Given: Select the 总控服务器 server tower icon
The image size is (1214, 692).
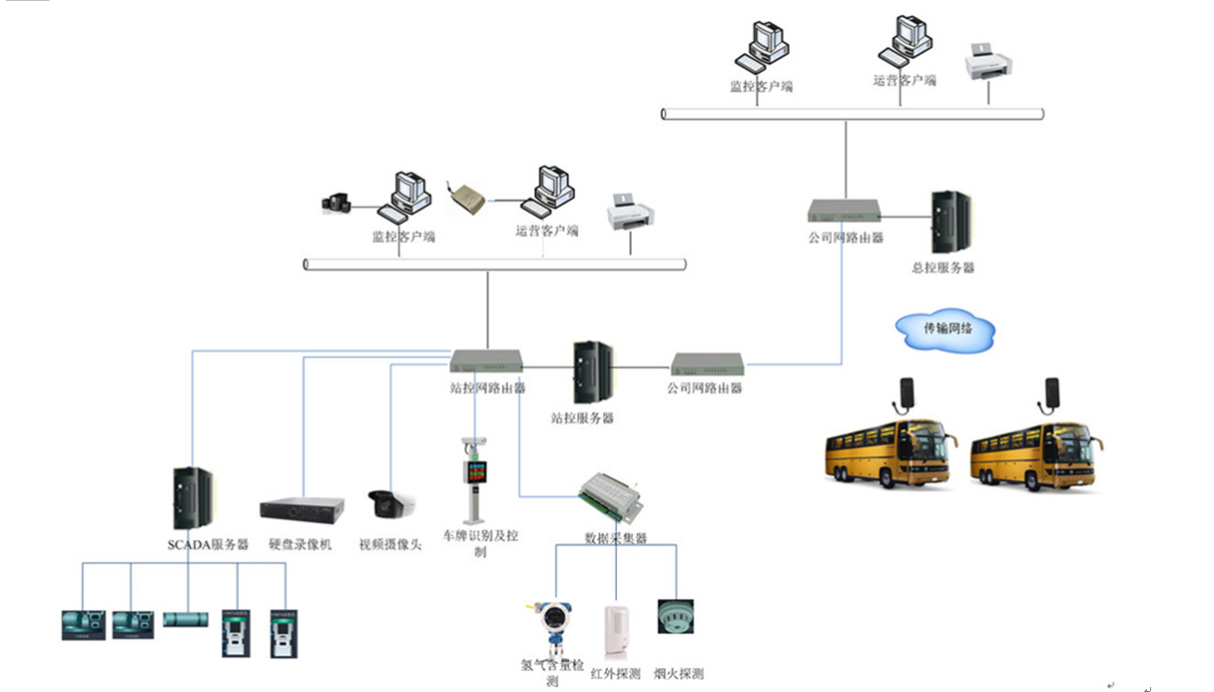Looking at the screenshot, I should (949, 222).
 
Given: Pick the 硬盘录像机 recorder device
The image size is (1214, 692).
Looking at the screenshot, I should (302, 508).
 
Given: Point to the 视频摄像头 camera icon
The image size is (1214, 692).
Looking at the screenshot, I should (390, 504).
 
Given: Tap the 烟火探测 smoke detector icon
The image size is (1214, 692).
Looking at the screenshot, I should (675, 616).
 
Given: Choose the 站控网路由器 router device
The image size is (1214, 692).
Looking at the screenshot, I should (485, 360).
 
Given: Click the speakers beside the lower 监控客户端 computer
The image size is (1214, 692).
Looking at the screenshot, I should (336, 204).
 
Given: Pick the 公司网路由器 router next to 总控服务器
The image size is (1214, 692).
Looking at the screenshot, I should (845, 211).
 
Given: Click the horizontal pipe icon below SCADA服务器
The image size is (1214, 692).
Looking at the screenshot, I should (184, 620).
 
